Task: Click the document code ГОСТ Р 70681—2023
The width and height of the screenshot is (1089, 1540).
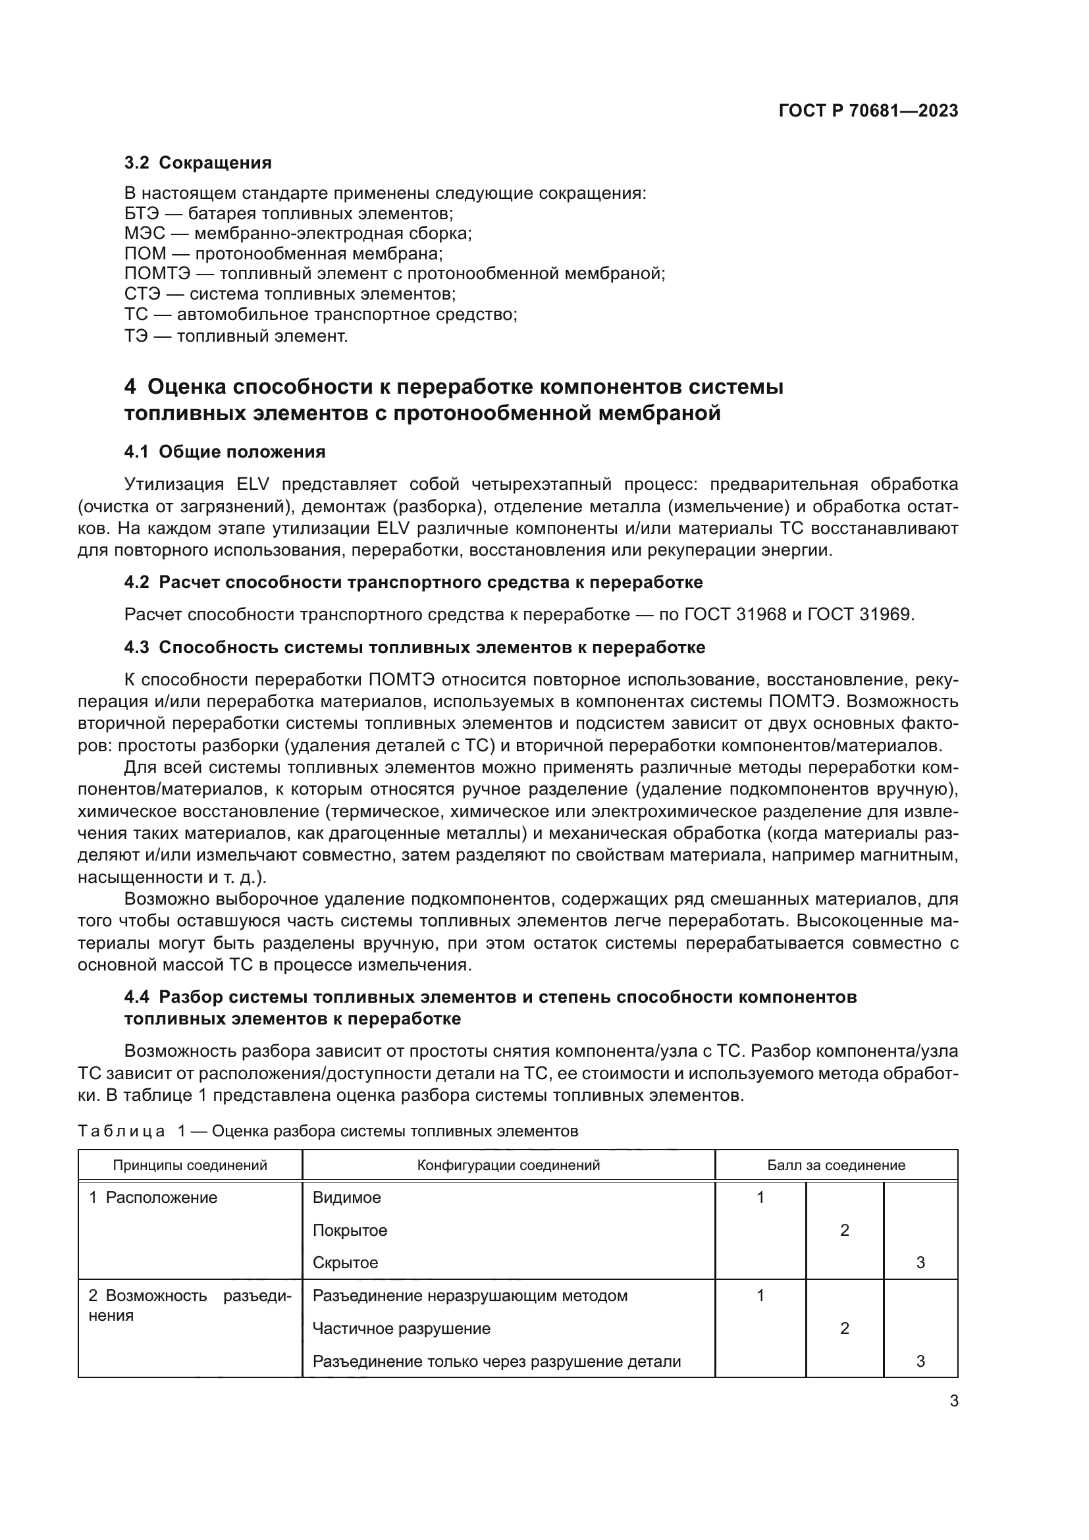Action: point(868,111)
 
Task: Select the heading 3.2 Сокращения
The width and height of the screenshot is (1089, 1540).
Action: point(198,163)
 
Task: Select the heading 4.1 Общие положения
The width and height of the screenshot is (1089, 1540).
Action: point(225,452)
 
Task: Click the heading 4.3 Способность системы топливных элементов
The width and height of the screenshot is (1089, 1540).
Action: point(414,647)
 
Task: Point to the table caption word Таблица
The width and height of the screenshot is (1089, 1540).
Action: point(121,1132)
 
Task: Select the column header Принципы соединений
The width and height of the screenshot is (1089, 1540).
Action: point(190,1165)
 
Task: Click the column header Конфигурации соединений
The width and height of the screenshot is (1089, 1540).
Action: point(508,1165)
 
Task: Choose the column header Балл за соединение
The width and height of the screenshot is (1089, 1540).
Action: point(836,1165)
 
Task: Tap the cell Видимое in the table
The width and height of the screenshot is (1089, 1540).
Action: point(347,1198)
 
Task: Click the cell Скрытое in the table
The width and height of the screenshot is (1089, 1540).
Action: point(346,1263)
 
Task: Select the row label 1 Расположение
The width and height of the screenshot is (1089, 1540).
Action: point(153,1198)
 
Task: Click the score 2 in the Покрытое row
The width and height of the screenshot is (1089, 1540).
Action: point(844,1230)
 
